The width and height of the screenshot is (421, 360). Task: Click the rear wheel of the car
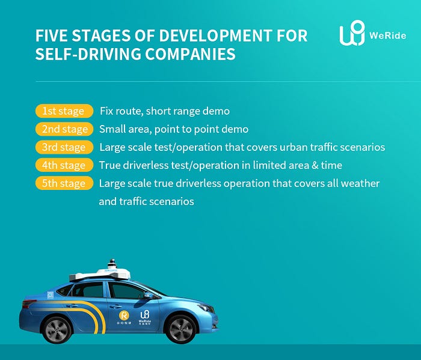tap(58, 330)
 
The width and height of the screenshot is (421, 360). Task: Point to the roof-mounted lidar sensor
tap(111, 266)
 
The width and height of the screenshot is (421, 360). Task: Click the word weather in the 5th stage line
tap(360, 183)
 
